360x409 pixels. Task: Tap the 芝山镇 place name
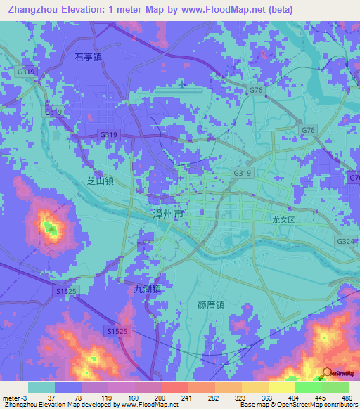pyautogui.click(x=100, y=181)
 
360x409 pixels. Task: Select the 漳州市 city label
pyautogui.click(x=169, y=212)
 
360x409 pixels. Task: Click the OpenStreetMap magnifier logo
pyautogui.click(x=327, y=373)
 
